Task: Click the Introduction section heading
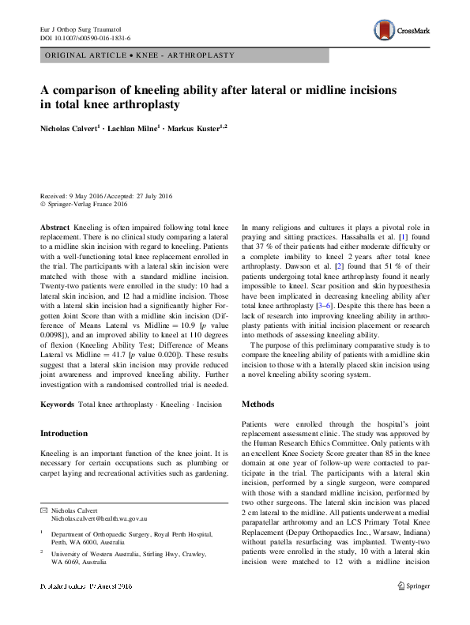pyautogui.click(x=64, y=433)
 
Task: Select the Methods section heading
pyautogui.click(x=258, y=404)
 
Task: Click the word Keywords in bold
pyautogui.click(x=57, y=405)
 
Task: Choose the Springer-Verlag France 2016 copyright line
pyautogui.click(x=86, y=204)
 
